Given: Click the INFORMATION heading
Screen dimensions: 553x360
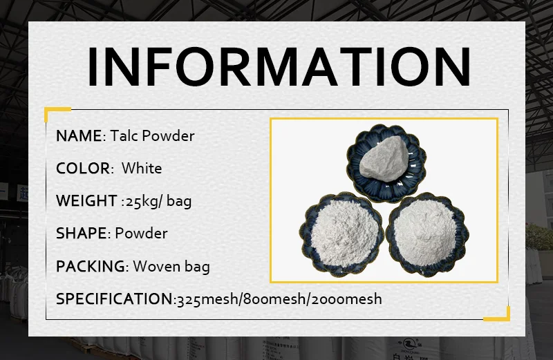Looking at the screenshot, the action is click(279, 66).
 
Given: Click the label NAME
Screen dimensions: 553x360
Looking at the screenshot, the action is click(79, 136).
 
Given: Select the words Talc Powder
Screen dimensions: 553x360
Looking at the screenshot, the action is click(152, 135).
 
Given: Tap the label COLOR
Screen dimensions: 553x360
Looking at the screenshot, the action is click(83, 169).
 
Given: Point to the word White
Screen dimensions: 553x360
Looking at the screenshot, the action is click(142, 168).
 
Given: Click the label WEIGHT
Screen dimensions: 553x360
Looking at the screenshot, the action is click(86, 201).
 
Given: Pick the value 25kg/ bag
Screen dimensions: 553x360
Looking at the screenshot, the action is click(159, 201).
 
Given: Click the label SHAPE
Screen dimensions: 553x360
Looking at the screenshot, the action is click(81, 234).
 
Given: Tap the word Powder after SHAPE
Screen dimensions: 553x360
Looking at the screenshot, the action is click(142, 234).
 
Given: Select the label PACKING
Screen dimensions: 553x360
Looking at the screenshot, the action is click(91, 267).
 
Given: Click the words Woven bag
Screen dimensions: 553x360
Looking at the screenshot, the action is click(171, 267).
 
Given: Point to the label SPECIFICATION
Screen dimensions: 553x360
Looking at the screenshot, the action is click(114, 299).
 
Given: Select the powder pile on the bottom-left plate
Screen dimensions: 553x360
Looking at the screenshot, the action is click(342, 234).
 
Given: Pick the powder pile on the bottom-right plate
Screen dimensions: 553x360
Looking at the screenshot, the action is click(424, 234).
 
